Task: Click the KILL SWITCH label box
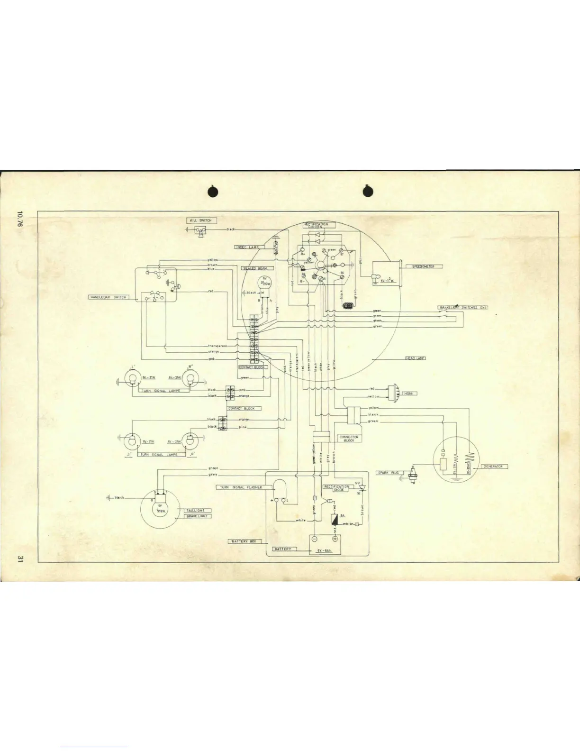[x=201, y=220]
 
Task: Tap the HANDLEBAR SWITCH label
[x=108, y=297]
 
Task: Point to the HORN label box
[x=408, y=394]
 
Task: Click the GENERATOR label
[x=494, y=467]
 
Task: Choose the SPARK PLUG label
[x=388, y=473]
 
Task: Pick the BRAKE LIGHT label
[x=198, y=516]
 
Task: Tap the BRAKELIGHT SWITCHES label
[x=462, y=308]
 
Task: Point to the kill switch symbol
[x=202, y=231]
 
